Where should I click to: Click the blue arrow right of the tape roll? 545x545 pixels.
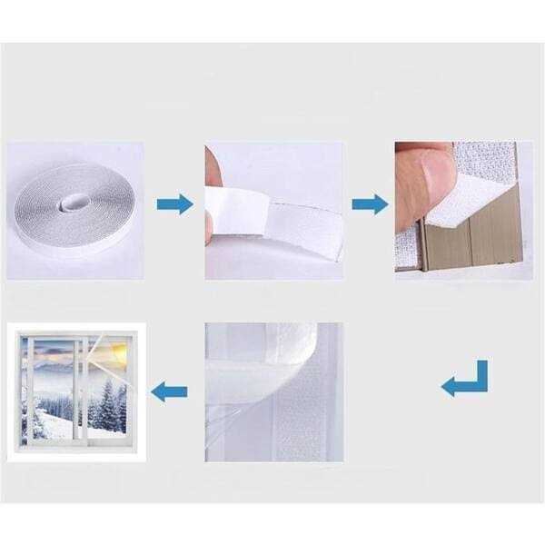(174, 203)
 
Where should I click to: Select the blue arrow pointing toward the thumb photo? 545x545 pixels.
(370, 203)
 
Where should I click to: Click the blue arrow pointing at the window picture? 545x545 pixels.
(169, 392)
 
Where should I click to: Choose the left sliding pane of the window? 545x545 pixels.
(53, 391)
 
